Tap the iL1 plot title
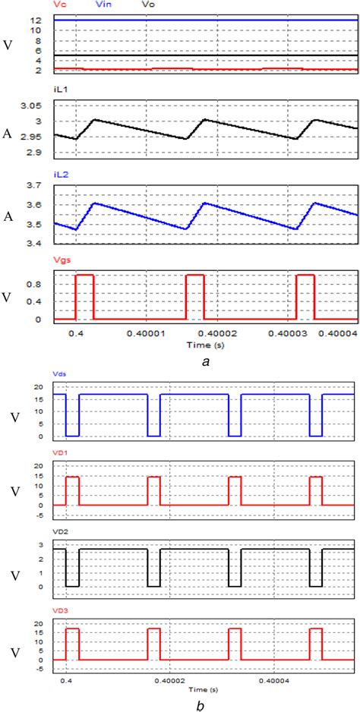59,90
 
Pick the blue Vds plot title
60,374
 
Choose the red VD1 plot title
61,449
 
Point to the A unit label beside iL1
8,134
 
